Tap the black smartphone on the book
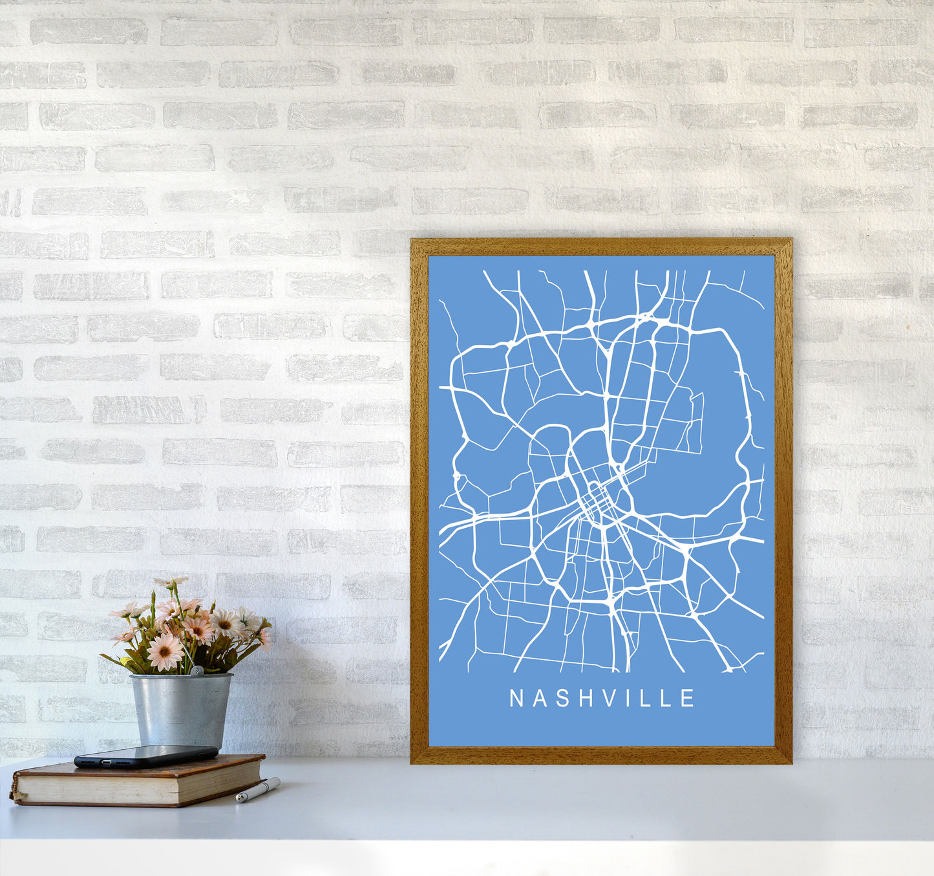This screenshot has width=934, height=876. coord(146,756)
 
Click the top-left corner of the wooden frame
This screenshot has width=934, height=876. coord(412,241)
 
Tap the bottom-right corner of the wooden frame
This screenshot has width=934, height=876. coord(791,762)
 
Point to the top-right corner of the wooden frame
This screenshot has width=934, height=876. coord(791,241)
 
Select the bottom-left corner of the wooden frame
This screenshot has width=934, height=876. coord(412,762)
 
